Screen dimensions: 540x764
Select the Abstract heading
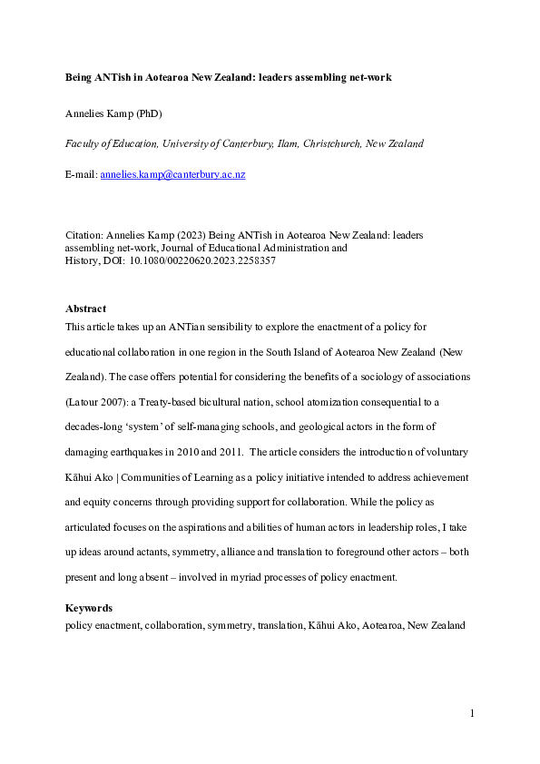click(86, 309)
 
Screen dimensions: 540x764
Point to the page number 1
click(472, 714)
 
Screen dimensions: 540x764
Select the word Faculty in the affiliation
click(83, 143)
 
